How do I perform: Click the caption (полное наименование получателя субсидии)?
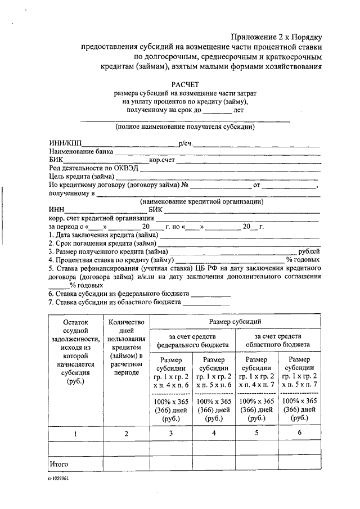pyautogui.click(x=185, y=127)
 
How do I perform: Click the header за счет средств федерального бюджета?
pyautogui.click(x=192, y=339)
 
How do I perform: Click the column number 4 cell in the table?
pyautogui.click(x=213, y=433)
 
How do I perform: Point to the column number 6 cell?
pyautogui.click(x=299, y=433)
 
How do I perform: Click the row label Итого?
pyautogui.click(x=58, y=464)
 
